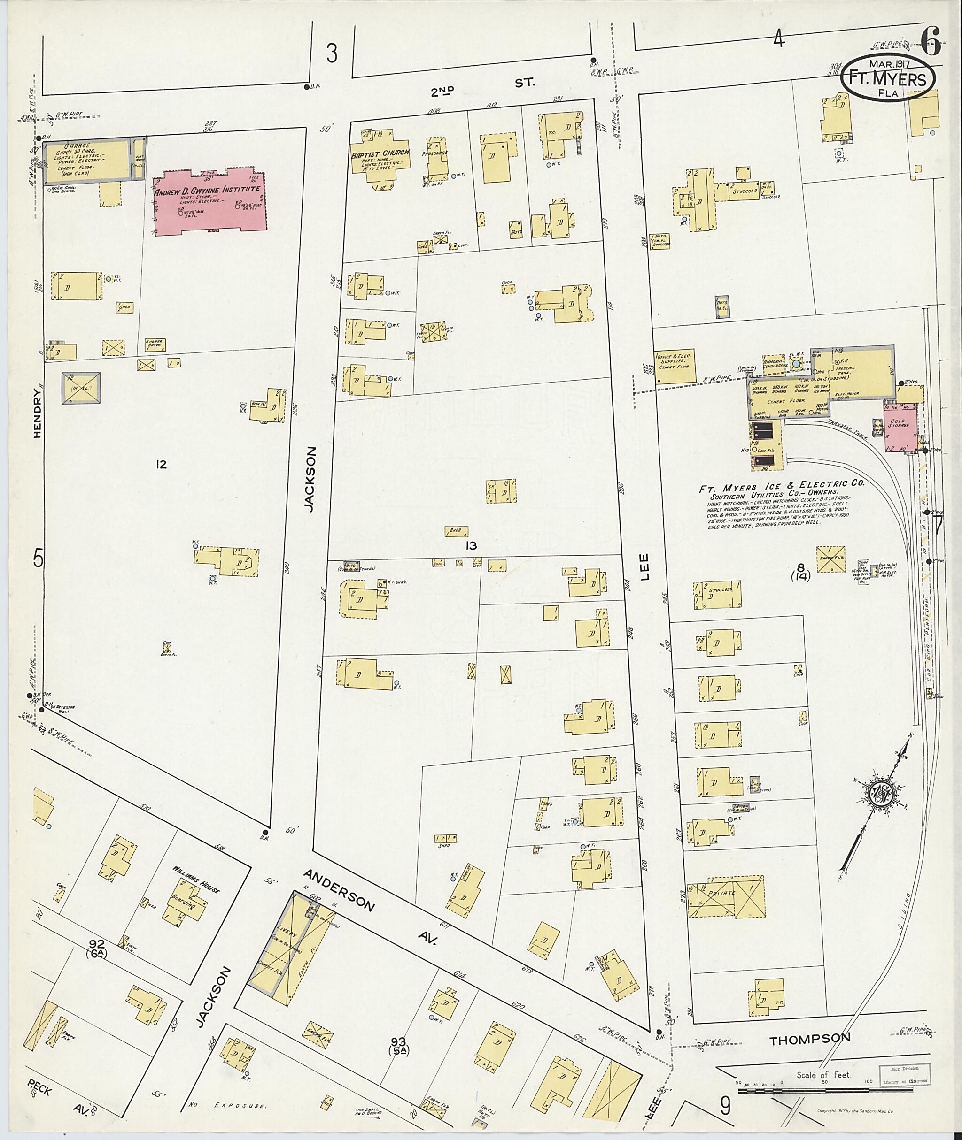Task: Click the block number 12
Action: (x=160, y=464)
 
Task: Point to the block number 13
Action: (x=471, y=545)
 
